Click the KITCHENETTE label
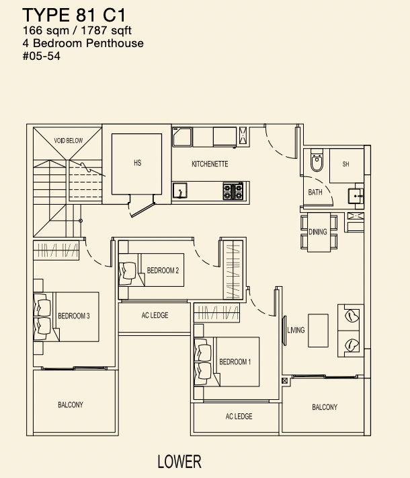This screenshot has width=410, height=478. [210, 164]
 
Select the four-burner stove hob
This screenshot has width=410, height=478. [233, 191]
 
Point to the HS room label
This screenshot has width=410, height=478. [137, 163]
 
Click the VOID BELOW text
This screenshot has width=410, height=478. [68, 141]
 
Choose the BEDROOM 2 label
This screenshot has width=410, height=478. [163, 271]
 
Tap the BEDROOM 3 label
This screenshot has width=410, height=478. [74, 316]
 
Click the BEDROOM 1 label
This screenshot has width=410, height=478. [235, 362]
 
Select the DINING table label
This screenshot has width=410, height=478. [318, 232]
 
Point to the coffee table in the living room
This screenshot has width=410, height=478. [318, 331]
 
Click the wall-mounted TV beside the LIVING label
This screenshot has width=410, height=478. [284, 331]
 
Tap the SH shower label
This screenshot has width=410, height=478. [345, 164]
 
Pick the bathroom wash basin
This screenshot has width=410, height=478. [356, 196]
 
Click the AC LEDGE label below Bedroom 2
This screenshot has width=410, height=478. [155, 315]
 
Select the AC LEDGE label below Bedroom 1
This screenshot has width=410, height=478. [239, 417]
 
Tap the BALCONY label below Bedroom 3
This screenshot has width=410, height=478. [71, 405]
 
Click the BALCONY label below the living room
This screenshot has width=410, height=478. [325, 407]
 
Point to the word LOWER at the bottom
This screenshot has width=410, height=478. [179, 462]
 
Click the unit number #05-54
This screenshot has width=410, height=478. [42, 56]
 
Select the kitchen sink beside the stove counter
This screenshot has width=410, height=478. [179, 191]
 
